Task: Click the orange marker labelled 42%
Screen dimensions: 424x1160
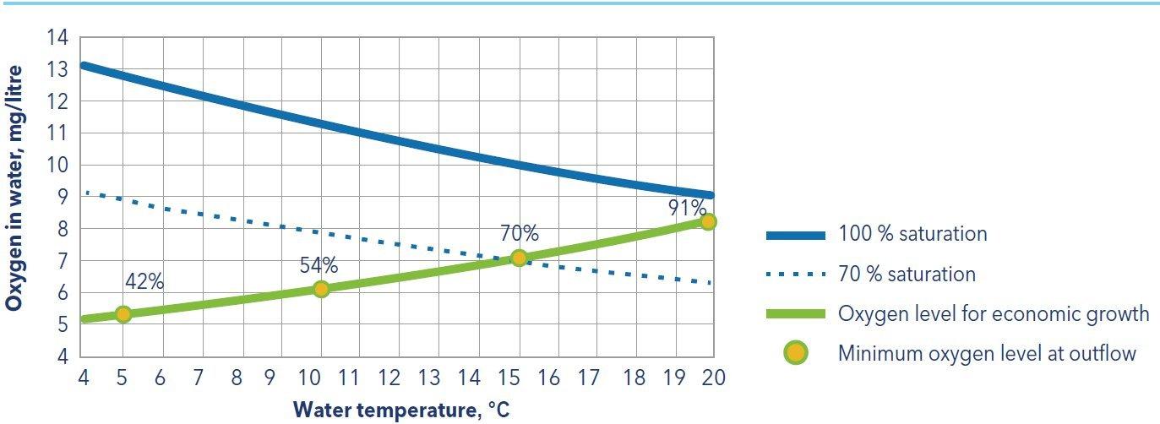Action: click(123, 314)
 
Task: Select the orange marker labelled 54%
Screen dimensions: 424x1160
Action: click(321, 289)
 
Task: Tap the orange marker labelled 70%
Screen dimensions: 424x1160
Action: click(519, 258)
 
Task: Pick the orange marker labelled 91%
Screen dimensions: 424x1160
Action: click(708, 221)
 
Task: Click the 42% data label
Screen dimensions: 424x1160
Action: click(144, 282)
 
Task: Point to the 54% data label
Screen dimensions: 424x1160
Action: click(319, 265)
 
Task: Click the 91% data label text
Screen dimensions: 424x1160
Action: click(686, 208)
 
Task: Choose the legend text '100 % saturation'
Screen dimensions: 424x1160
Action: click(912, 234)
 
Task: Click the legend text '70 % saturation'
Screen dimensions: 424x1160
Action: click(907, 274)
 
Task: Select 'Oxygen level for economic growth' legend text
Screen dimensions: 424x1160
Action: click(994, 313)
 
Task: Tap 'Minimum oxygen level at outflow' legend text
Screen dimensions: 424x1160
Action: click(987, 353)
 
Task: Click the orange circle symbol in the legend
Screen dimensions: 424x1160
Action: click(795, 352)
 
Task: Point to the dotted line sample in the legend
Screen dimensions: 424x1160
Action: click(795, 274)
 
